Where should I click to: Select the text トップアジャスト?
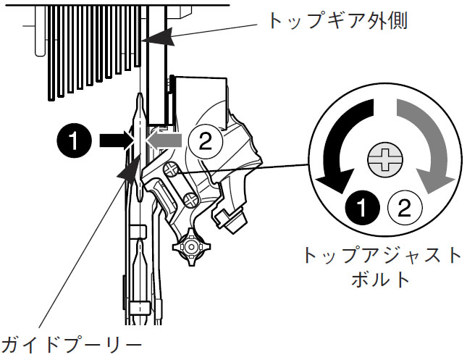click(x=383, y=256)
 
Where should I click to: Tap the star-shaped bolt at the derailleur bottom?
click(x=190, y=246)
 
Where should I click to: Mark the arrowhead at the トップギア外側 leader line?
click(x=160, y=37)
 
